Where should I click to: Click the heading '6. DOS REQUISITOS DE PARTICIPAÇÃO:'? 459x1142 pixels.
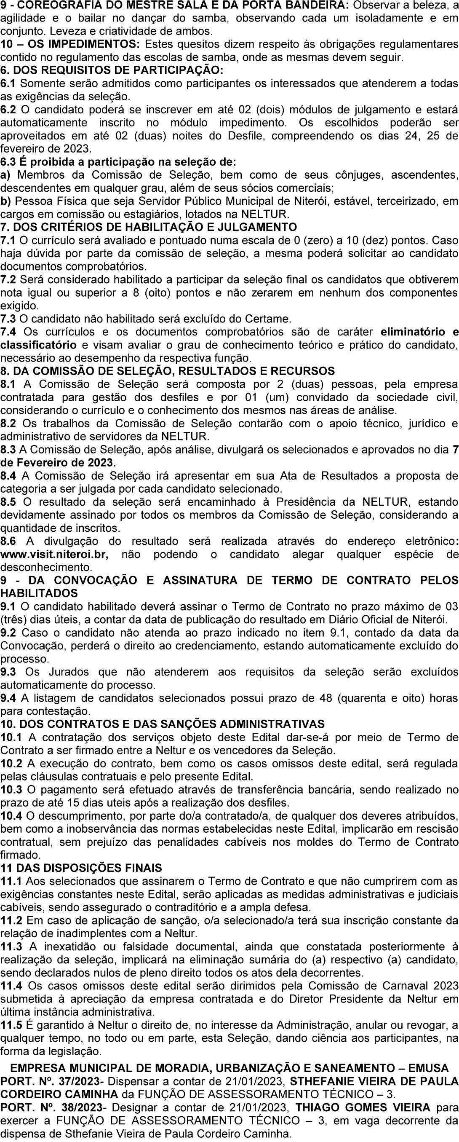click(112, 70)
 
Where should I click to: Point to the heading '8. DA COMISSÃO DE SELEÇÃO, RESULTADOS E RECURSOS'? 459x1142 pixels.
click(168, 370)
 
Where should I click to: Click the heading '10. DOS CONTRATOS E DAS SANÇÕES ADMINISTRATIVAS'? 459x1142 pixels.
click(163, 724)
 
